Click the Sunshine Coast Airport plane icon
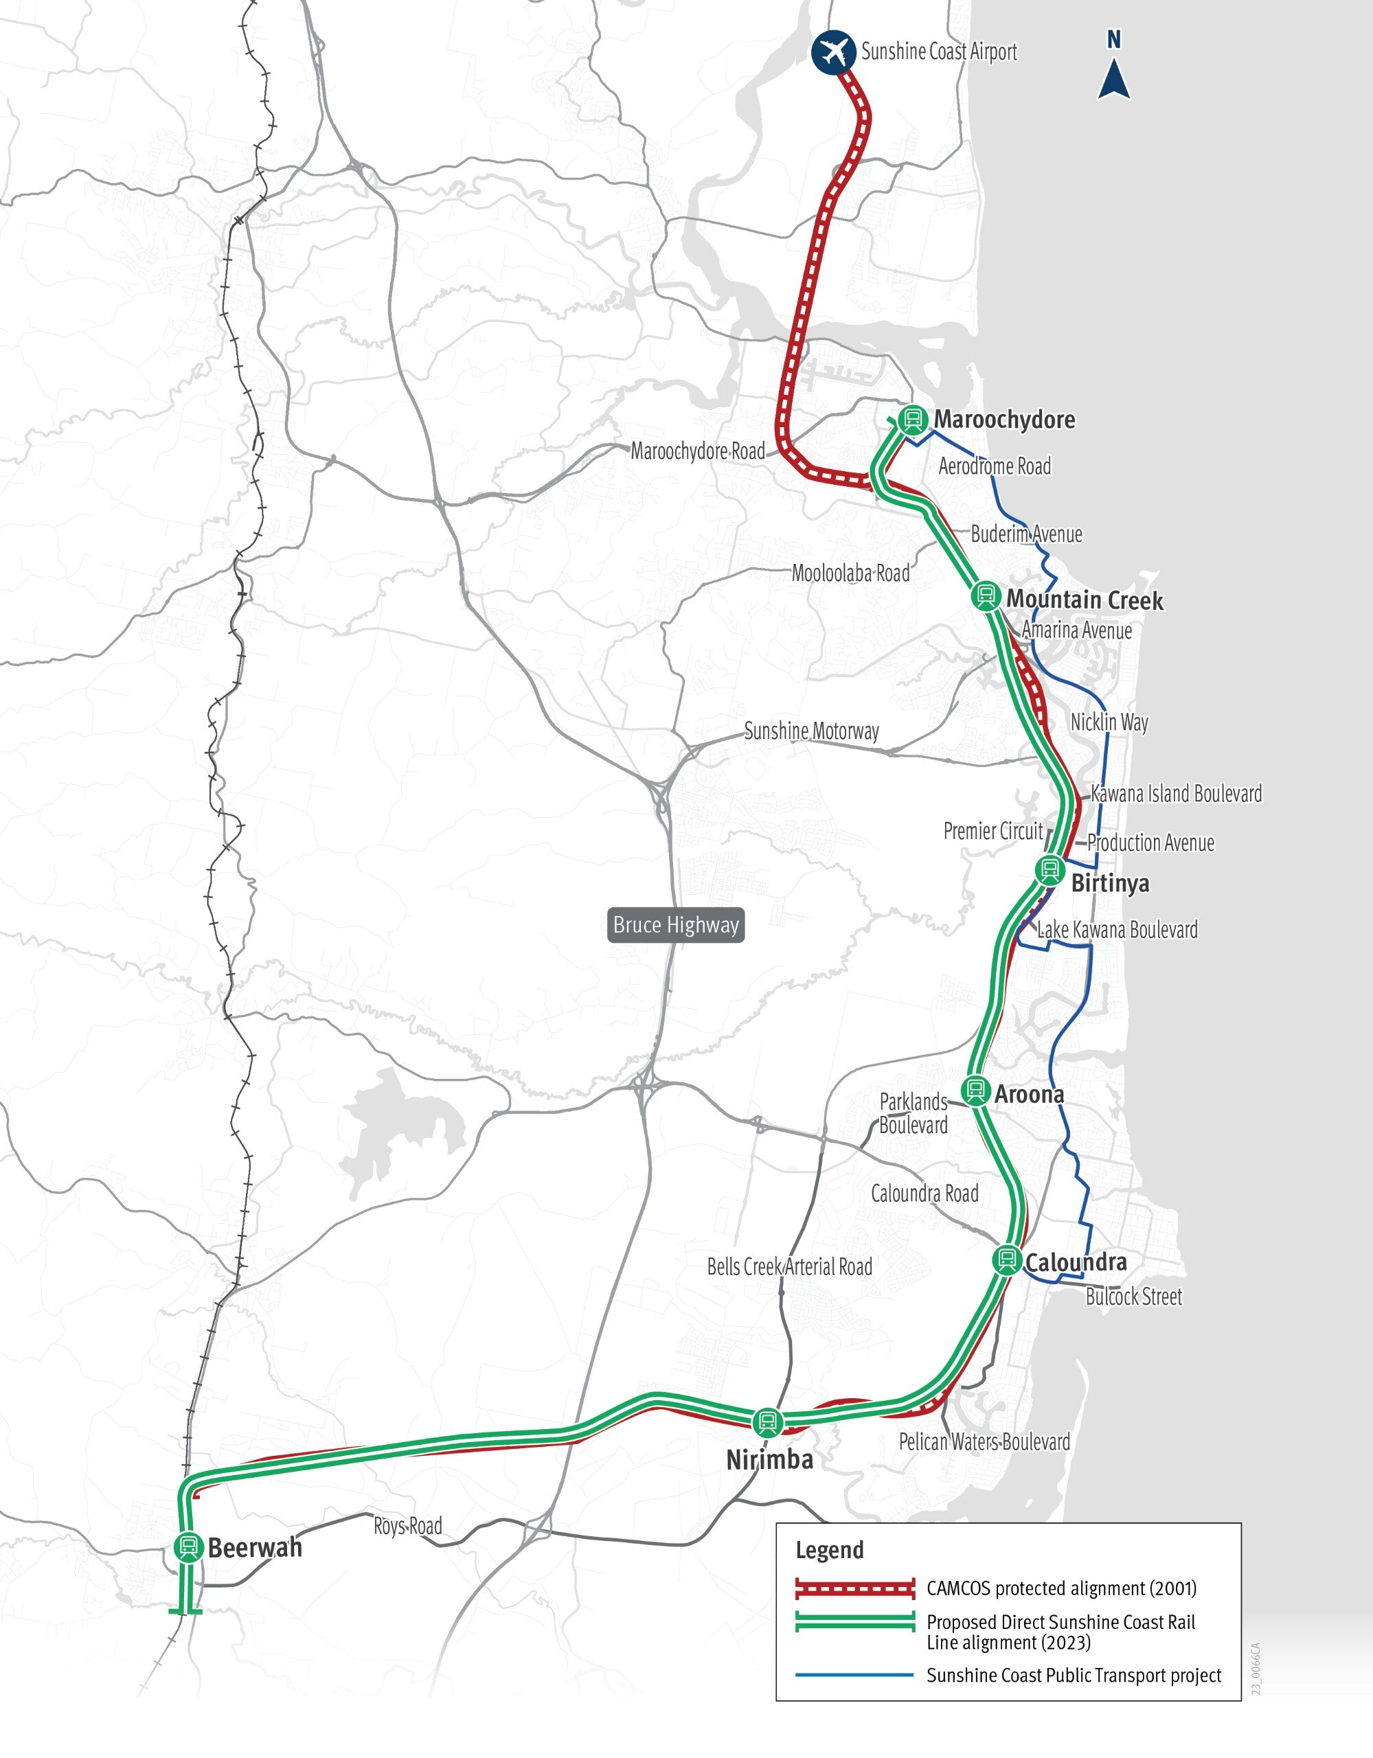[833, 52]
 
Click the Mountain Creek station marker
[985, 595]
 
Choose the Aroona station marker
[975, 1091]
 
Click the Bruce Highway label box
[676, 925]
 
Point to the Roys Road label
[407, 1526]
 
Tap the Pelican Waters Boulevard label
[984, 1441]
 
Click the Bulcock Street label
[1133, 1297]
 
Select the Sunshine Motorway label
[811, 731]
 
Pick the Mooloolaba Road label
[850, 573]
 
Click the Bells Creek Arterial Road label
[789, 1267]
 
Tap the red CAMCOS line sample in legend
[854, 1588]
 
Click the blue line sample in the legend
[854, 1675]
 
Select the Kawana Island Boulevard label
[1176, 794]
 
